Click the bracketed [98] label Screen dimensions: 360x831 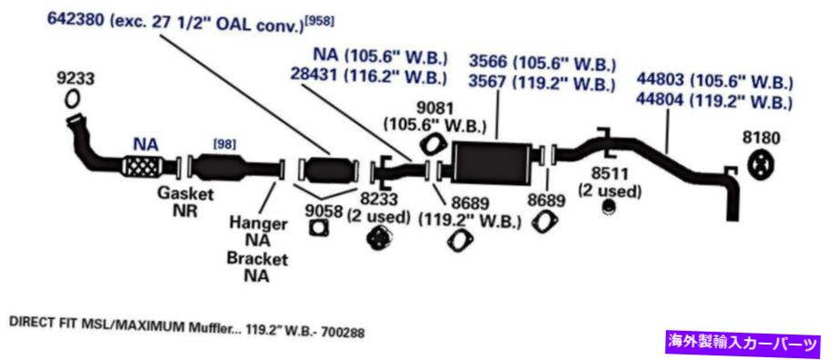[223, 144]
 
